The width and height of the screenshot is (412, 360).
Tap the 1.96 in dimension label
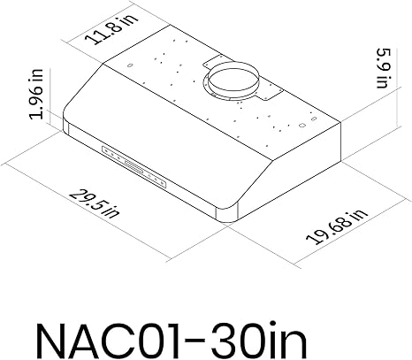(x=36, y=95)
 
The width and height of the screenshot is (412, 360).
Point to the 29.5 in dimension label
(x=95, y=203)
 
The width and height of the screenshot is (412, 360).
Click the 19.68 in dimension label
(x=337, y=226)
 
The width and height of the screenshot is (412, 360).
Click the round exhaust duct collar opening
(x=233, y=79)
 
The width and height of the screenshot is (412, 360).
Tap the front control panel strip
(x=134, y=167)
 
